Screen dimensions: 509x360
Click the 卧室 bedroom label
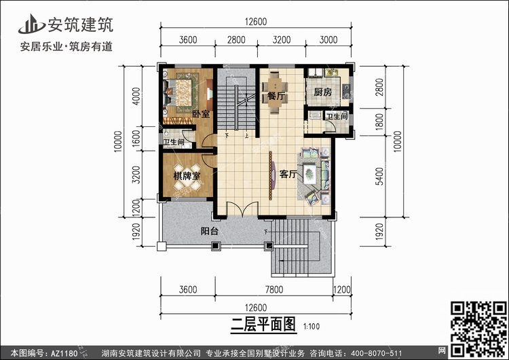[x=201, y=114]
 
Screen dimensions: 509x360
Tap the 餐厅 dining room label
[x=276, y=96]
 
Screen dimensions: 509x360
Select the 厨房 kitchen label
[x=322, y=92]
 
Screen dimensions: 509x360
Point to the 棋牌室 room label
[x=187, y=176]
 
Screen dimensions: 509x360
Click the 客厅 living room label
[x=288, y=174]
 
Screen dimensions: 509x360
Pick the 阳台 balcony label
[x=210, y=231]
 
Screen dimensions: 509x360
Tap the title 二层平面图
[x=263, y=324]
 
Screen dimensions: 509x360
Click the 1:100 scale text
[x=312, y=327]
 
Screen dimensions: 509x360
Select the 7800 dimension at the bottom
[x=274, y=289]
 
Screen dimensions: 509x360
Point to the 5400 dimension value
[x=379, y=177]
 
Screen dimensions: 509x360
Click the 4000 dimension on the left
[x=136, y=96]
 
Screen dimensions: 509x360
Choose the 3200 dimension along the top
[x=282, y=39]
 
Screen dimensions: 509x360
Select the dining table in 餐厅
[x=275, y=92]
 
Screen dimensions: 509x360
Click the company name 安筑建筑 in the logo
[x=81, y=24]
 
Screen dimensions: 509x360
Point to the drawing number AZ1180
[x=64, y=353]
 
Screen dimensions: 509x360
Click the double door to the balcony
[x=242, y=209]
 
